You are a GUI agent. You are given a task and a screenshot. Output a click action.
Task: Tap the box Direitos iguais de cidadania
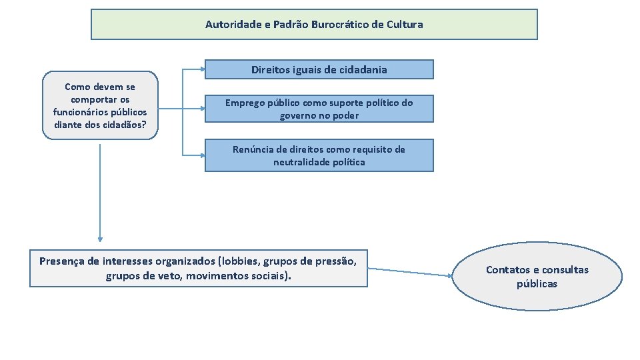pos(319,69)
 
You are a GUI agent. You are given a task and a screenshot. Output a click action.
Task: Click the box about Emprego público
pos(319,109)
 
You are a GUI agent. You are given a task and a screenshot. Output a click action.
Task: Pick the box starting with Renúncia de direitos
pos(319,155)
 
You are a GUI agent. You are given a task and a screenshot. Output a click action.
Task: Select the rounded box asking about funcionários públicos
pos(100,105)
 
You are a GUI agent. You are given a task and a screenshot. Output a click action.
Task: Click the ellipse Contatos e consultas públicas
pos(537,277)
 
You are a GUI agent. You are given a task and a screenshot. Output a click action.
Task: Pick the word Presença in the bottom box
pos(61,261)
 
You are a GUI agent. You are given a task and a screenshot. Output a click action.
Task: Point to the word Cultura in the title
pos(405,25)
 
